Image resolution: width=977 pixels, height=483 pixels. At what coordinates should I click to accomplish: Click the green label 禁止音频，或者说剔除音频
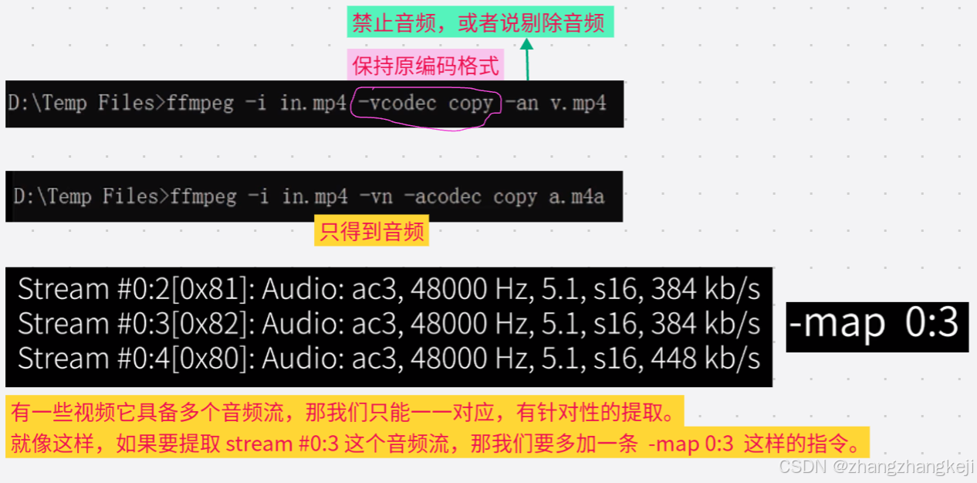click(479, 22)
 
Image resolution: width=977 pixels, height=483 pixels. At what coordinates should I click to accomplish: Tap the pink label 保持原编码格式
click(426, 66)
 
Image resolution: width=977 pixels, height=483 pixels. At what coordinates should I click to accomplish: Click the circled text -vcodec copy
click(425, 104)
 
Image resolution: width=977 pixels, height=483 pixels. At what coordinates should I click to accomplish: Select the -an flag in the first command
click(522, 104)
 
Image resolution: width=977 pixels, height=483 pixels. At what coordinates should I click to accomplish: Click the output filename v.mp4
click(578, 104)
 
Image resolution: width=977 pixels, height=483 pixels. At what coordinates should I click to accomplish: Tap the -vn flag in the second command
click(377, 197)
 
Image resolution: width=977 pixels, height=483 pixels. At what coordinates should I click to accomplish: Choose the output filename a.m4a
click(576, 197)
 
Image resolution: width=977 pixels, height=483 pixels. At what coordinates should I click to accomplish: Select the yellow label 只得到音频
click(371, 232)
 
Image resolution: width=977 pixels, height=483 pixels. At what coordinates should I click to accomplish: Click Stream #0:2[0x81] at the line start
click(136, 289)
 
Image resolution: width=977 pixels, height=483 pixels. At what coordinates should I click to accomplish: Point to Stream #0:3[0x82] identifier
click(136, 324)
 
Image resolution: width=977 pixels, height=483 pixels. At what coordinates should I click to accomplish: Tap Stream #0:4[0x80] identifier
click(136, 359)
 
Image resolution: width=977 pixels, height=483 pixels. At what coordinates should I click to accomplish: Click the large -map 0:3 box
click(877, 325)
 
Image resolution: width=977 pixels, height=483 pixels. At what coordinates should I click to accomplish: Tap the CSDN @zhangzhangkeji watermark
click(876, 467)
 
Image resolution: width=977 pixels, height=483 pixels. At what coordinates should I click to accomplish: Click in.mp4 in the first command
click(313, 104)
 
